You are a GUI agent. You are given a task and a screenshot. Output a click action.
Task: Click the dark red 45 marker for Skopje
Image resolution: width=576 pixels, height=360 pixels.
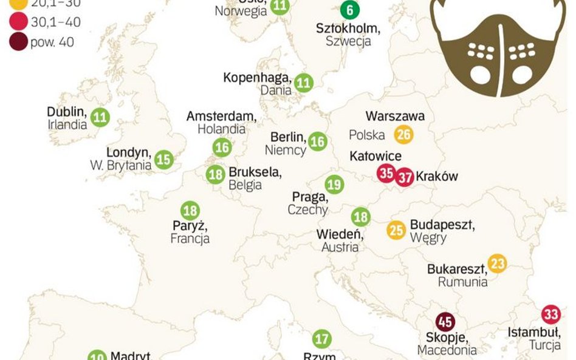click(445, 322)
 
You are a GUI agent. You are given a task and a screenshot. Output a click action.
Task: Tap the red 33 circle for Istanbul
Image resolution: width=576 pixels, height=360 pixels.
click(550, 314)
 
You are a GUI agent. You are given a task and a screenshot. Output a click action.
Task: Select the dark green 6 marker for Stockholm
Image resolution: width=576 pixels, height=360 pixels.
click(349, 10)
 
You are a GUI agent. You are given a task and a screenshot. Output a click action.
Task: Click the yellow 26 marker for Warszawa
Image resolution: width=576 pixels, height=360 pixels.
click(403, 134)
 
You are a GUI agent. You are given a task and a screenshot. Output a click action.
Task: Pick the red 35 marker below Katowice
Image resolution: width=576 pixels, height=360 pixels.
click(386, 173)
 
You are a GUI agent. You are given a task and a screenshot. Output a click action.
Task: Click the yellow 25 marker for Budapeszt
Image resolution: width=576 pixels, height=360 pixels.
click(396, 230)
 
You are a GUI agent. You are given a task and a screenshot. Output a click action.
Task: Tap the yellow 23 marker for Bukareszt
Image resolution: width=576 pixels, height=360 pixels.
click(497, 263)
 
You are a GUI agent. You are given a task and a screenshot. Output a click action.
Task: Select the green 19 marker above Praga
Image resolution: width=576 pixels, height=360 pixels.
click(334, 184)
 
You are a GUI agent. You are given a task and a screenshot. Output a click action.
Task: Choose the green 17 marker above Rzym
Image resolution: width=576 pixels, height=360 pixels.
click(322, 339)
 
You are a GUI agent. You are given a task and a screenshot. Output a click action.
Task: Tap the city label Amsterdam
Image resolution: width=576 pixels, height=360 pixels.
click(221, 116)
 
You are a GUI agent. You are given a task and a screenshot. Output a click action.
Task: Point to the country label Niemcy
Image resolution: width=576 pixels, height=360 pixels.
click(285, 149)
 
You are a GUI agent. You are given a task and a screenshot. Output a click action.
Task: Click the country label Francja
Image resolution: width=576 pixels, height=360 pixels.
click(190, 239)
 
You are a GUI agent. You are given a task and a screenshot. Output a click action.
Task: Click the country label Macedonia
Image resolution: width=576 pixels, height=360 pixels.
click(447, 350)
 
